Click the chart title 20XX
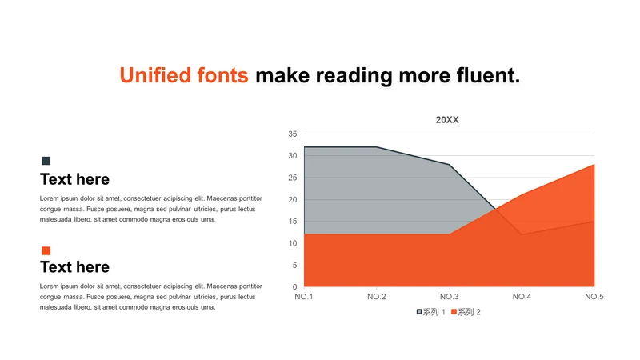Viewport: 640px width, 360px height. tap(447, 120)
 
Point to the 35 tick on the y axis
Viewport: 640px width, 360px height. tap(293, 134)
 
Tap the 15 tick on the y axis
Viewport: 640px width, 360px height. tap(293, 222)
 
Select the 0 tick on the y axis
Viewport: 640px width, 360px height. tap(294, 287)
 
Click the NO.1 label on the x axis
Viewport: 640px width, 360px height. tap(304, 297)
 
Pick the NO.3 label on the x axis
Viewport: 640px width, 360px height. tap(449, 297)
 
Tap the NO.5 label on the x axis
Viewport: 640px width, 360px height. tap(594, 297)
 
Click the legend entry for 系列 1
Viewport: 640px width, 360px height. tap(430, 312)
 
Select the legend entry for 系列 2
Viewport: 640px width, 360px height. tap(466, 312)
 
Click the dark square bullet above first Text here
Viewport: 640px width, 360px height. tap(46, 161)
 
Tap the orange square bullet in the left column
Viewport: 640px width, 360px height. tap(46, 250)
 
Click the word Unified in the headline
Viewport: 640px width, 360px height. tap(155, 75)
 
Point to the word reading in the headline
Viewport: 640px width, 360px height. tap(354, 76)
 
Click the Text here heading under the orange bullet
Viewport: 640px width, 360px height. tap(74, 267)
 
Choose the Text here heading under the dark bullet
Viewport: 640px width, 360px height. tap(74, 179)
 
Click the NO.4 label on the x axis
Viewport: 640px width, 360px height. tap(522, 297)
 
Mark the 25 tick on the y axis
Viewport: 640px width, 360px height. tap(293, 178)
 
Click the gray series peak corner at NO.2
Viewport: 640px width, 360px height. tap(376, 147)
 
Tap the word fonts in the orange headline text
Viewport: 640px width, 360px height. tap(222, 75)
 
